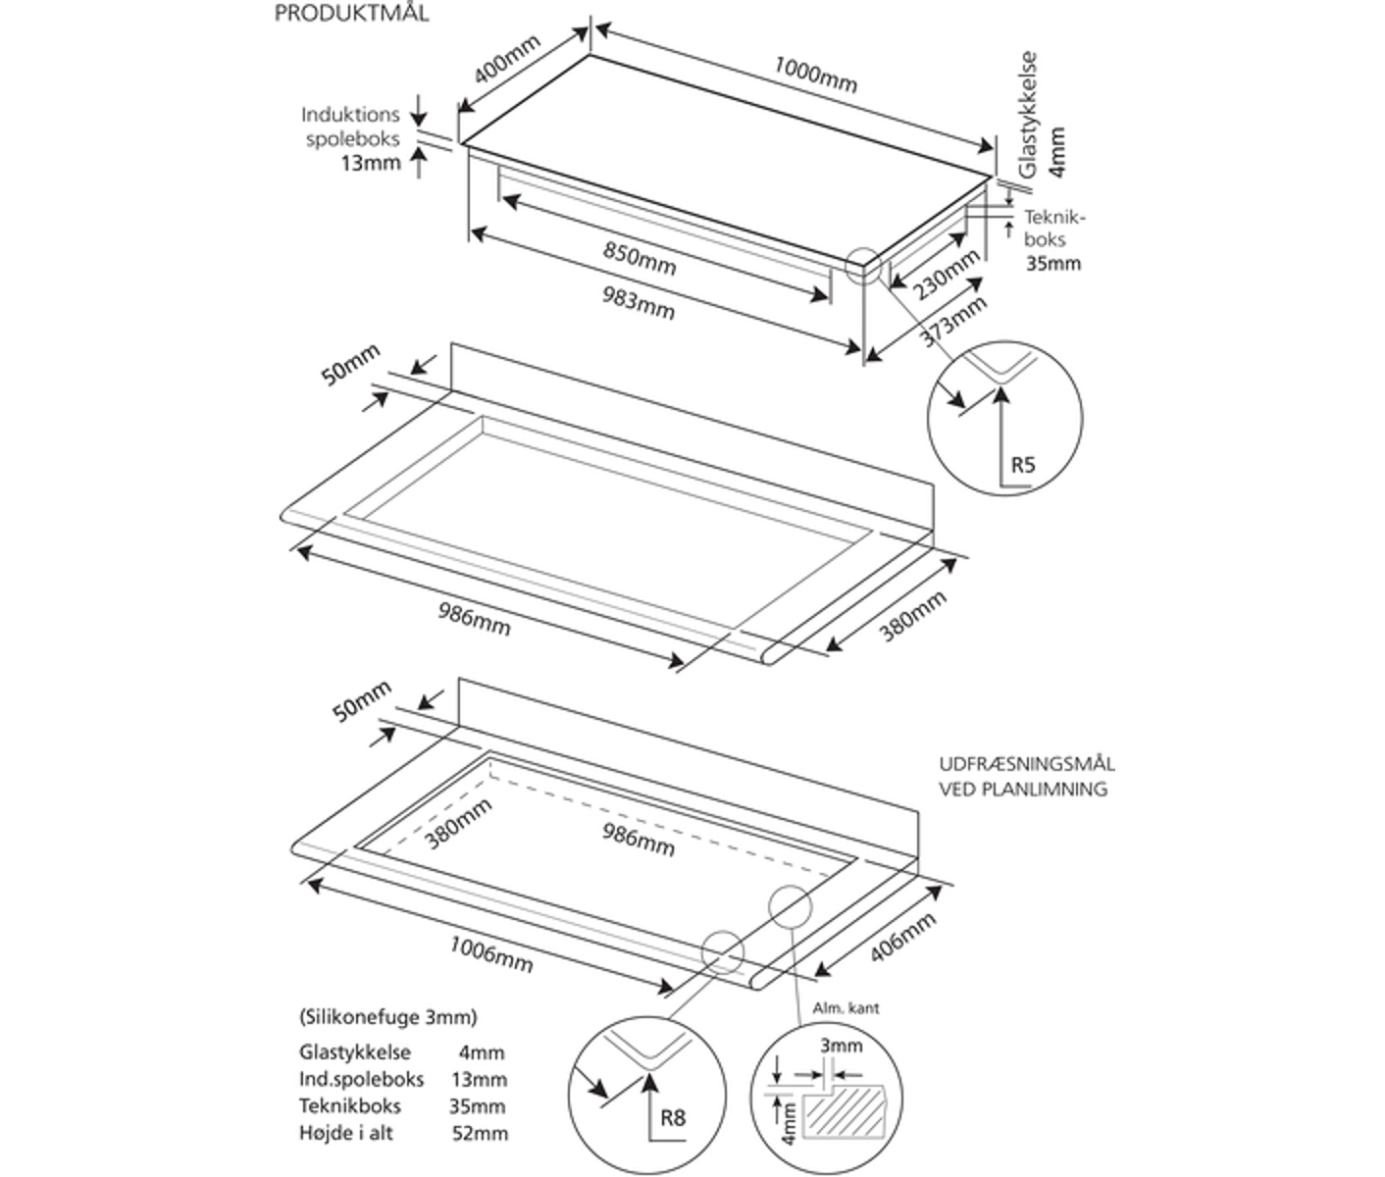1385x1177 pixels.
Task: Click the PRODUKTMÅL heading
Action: click(351, 15)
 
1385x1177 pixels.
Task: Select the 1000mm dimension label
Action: click(815, 75)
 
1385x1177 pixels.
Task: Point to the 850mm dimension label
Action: click(640, 258)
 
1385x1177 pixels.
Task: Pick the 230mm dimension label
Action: click(946, 276)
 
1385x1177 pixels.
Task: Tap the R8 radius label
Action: click(673, 1117)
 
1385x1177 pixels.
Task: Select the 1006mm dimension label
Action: click(491, 953)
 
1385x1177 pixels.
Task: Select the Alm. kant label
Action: click(846, 1007)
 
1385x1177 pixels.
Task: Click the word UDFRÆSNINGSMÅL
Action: click(1026, 765)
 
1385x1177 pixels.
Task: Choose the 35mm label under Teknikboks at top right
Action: click(1053, 263)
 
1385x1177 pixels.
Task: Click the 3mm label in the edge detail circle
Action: click(842, 1046)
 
